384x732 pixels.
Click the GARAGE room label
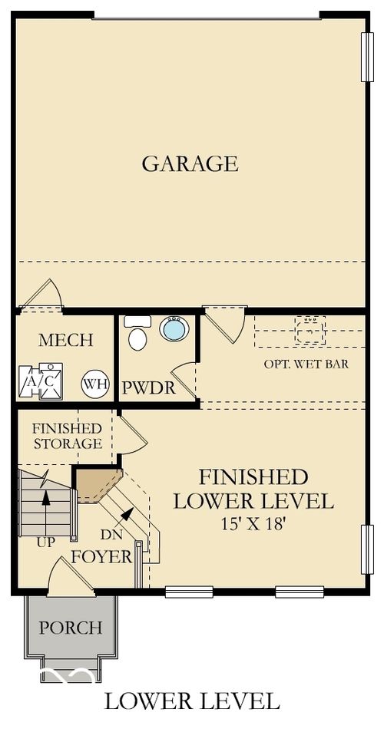coord(190,163)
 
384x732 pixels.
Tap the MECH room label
coord(66,340)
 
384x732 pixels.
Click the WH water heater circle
coord(94,383)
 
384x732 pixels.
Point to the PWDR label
coord(148,388)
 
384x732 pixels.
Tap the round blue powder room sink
coord(174,329)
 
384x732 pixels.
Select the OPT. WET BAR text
coord(306,364)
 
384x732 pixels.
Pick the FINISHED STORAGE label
coord(66,436)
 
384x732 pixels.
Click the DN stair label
coord(111,535)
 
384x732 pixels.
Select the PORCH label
coord(71,628)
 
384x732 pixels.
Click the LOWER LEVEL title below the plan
coord(191,700)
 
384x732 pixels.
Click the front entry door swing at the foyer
coord(66,576)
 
